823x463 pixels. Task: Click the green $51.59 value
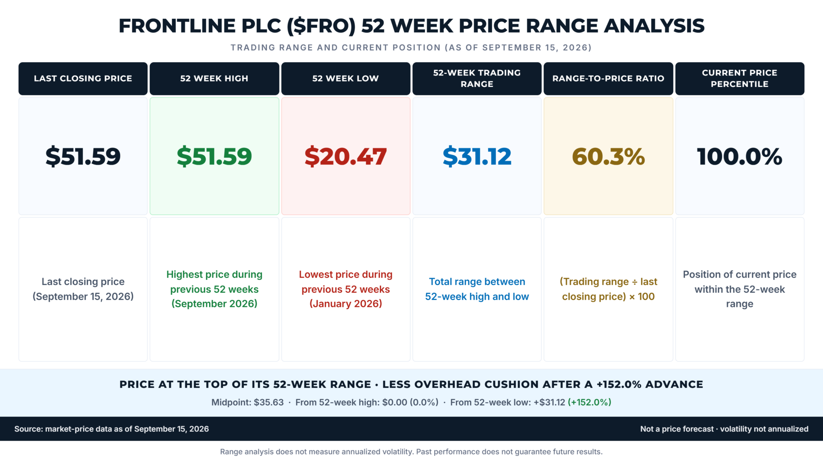coord(214,156)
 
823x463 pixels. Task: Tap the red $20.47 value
coord(345,156)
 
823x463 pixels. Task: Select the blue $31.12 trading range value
coord(477,156)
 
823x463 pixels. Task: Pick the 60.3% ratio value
coord(608,156)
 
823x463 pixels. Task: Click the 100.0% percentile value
coord(739,156)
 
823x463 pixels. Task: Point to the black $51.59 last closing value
coord(83,156)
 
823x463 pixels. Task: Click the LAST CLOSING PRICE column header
coord(83,78)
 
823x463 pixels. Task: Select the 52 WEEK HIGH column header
coord(214,78)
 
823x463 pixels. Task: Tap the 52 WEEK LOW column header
coord(345,78)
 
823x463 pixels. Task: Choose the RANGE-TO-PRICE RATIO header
coord(608,78)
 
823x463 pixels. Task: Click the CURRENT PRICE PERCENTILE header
coord(739,78)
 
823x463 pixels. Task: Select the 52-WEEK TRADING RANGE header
coord(477,78)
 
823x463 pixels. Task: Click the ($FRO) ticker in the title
coord(321,26)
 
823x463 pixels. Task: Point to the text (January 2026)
coord(345,304)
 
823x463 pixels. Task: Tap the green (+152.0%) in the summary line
coord(589,402)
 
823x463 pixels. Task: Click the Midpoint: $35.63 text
coord(247,402)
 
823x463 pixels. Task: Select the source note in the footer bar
coord(111,429)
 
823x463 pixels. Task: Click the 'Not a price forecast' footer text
coord(677,429)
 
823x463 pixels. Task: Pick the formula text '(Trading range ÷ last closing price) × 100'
coord(608,289)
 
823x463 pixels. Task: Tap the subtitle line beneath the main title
coord(411,48)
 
